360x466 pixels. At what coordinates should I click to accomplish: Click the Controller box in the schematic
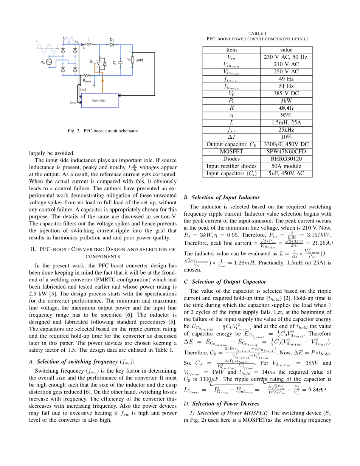(x=99, y=101)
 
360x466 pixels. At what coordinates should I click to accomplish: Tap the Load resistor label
(x=139, y=60)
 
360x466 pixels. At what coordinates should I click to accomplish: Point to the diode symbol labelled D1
(x=112, y=44)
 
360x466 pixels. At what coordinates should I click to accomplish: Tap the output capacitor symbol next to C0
(x=120, y=62)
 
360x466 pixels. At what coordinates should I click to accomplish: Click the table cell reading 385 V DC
(x=286, y=93)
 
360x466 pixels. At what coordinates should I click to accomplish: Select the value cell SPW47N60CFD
(x=286, y=151)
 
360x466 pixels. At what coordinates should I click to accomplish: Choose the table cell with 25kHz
(x=286, y=130)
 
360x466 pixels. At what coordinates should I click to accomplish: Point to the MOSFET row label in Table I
(x=231, y=151)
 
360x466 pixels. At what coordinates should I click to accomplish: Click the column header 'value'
(x=286, y=50)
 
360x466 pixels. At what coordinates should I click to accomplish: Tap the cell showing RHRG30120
(x=286, y=159)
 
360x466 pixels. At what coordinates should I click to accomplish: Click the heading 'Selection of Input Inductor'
(x=225, y=197)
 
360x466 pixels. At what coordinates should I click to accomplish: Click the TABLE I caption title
(x=258, y=34)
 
